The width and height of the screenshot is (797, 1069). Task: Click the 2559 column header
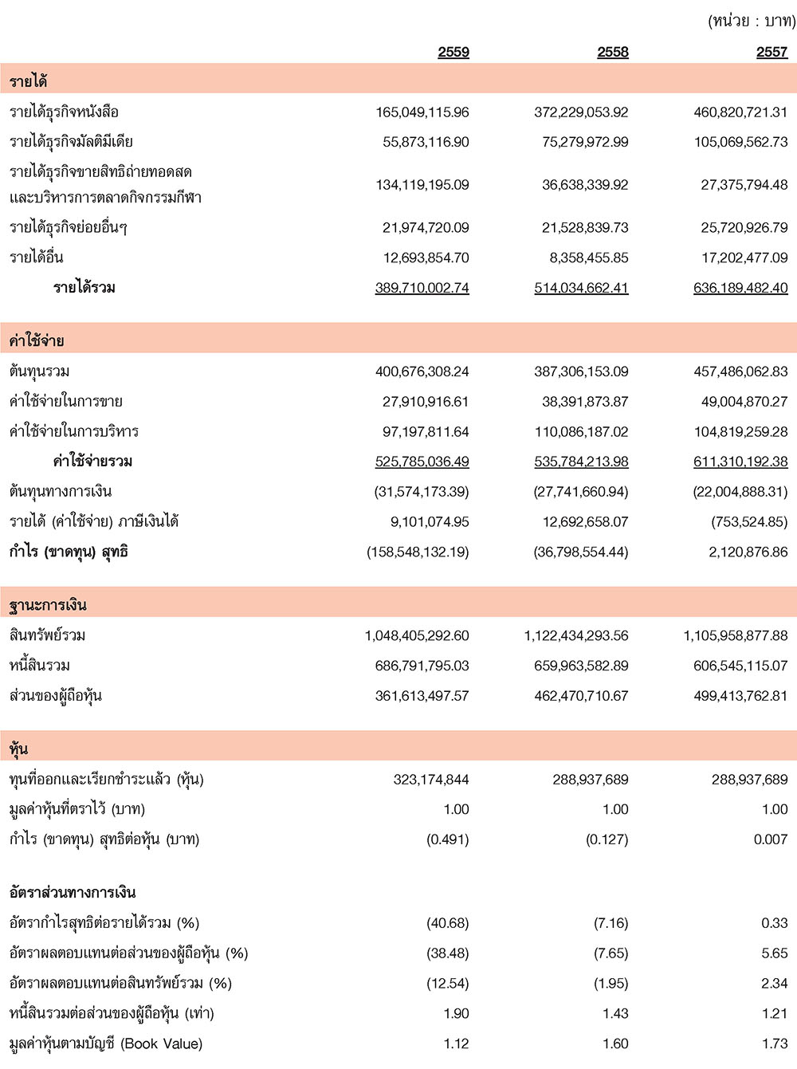click(453, 52)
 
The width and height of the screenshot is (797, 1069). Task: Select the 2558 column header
click(612, 52)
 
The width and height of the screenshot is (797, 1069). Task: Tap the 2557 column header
click(771, 52)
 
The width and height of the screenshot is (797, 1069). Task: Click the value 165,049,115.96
click(422, 112)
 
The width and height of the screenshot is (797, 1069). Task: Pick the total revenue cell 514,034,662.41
click(581, 288)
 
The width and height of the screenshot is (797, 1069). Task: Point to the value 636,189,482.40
click(740, 288)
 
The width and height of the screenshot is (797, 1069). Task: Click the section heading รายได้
click(28, 81)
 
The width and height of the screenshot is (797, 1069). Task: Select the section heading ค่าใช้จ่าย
click(37, 340)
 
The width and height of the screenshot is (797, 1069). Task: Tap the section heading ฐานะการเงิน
click(47, 604)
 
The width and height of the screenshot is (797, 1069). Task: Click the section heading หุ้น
click(18, 749)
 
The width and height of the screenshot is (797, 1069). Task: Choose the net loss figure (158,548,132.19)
click(418, 552)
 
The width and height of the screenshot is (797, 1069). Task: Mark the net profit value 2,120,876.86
click(748, 552)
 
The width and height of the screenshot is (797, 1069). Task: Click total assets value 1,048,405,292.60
click(417, 635)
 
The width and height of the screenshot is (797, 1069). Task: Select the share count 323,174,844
click(430, 779)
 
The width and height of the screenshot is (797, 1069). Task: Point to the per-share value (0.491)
click(447, 839)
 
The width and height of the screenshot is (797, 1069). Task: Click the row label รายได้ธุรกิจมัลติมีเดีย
click(71, 142)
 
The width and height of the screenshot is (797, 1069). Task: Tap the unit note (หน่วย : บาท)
click(751, 22)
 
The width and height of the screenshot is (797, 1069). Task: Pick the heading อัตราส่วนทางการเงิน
click(73, 892)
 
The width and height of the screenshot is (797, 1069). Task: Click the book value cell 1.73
click(774, 1043)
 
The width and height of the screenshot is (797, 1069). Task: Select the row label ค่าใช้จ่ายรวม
click(92, 461)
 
